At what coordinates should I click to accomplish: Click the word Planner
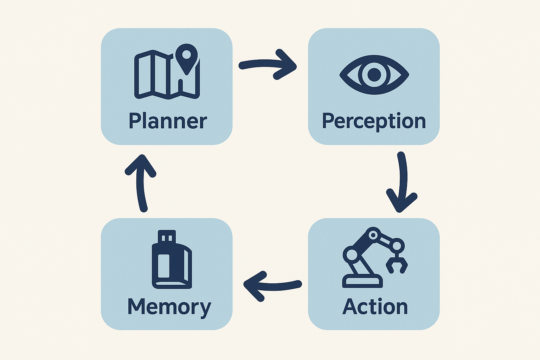[x=168, y=121]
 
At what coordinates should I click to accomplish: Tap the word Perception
[x=374, y=121]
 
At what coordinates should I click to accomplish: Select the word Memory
[x=169, y=307]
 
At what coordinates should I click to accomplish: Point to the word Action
[x=375, y=307]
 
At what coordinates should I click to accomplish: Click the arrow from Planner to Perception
[x=267, y=64]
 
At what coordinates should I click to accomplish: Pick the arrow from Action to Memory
[x=272, y=285]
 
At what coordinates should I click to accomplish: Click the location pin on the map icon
[x=186, y=56]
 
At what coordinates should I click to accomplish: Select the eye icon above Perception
[x=374, y=74]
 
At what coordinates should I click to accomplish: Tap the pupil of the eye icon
[x=374, y=74]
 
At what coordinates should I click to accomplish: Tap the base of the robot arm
[x=362, y=281]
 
